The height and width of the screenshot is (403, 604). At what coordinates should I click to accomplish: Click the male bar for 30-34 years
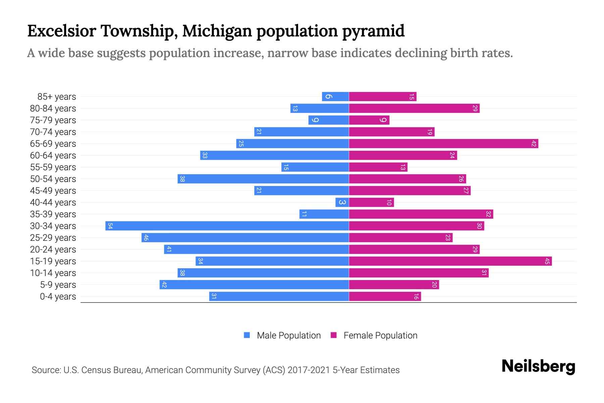coord(227,226)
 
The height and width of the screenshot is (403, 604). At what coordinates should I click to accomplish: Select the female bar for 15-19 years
coord(450,261)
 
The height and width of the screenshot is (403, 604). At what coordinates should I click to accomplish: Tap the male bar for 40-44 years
coord(342,203)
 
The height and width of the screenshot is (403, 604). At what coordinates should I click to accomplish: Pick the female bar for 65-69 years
coord(444,144)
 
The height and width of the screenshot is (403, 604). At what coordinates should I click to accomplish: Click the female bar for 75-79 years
coord(369,120)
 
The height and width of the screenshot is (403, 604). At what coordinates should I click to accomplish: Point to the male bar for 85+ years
coord(335,97)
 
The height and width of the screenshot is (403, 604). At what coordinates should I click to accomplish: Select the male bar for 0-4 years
coord(279,297)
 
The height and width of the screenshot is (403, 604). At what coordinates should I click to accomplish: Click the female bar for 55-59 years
coord(378,167)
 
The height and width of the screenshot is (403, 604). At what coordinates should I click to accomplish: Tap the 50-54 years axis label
coord(53,179)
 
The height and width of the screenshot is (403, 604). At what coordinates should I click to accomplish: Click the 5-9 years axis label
coord(58,285)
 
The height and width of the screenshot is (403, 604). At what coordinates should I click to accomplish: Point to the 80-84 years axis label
coord(53,108)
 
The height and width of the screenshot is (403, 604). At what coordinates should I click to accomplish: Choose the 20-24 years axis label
coord(53,250)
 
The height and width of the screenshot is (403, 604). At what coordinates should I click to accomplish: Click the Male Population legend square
coord(247,335)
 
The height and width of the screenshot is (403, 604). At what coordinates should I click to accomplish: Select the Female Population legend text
coord(380,335)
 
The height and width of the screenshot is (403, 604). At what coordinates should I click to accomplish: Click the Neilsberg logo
coord(538,366)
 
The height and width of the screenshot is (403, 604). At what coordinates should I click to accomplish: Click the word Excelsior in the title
coord(61,31)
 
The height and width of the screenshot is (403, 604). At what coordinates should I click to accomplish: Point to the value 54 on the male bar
coord(110,226)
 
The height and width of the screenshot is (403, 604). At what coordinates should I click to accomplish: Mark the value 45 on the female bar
coord(547,261)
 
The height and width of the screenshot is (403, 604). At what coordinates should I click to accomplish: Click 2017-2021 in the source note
coord(309,370)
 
